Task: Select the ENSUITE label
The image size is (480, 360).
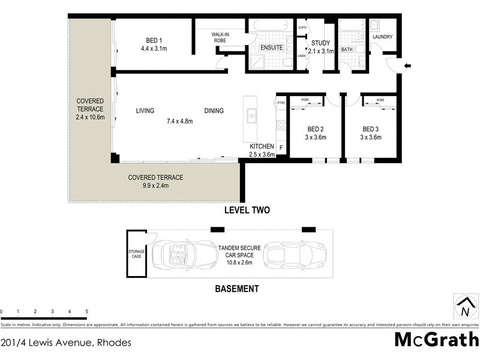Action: click(x=271, y=47)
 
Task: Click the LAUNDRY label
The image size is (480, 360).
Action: click(x=382, y=37)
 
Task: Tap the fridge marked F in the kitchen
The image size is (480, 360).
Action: click(x=281, y=146)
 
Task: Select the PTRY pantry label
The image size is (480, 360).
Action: click(x=281, y=104)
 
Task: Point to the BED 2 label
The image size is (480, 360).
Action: click(x=316, y=129)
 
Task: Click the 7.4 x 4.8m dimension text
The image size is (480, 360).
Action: click(x=179, y=121)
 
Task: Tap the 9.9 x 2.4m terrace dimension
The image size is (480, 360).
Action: click(x=155, y=186)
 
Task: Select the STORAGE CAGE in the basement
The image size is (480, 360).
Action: click(x=136, y=254)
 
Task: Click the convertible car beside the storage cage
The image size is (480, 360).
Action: click(x=183, y=255)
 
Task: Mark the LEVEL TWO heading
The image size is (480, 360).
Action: click(x=247, y=210)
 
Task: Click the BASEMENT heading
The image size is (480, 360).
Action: click(x=237, y=289)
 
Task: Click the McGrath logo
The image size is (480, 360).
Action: click(x=436, y=339)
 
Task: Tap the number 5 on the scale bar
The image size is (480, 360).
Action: click(x=87, y=312)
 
